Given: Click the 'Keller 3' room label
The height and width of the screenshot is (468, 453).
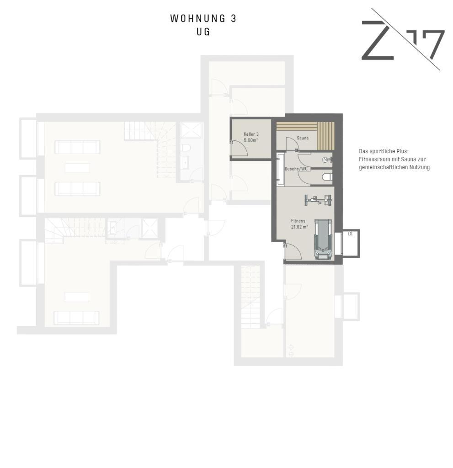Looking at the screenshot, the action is pos(251,134).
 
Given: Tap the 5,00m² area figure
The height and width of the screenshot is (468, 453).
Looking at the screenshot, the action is pos(251,140).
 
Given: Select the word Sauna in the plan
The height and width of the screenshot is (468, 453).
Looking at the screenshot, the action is pos(303,138).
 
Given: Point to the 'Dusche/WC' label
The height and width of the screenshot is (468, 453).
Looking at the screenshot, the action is pos(296,169).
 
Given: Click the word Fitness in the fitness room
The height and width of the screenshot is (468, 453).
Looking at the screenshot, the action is pos(298,221).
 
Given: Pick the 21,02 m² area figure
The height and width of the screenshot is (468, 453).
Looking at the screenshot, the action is pos(299,227).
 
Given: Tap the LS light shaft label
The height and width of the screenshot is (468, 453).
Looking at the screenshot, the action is pos(350,234).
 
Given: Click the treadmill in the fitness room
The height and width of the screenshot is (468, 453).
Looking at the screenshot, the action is pos(322,239).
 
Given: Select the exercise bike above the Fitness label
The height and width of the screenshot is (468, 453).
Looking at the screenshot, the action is pos(318,200).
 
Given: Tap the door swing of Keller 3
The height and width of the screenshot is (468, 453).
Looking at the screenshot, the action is pos(239,149).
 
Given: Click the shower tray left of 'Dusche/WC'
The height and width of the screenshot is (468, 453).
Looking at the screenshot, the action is pos(280,168).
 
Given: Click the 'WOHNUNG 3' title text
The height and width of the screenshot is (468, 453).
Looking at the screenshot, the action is pos(203,18).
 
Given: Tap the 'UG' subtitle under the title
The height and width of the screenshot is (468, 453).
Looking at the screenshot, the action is pos(203,32).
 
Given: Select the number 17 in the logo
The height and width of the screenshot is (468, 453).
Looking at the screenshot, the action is pos(426,44).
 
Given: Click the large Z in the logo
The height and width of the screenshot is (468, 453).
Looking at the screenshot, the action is pos(378,40).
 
